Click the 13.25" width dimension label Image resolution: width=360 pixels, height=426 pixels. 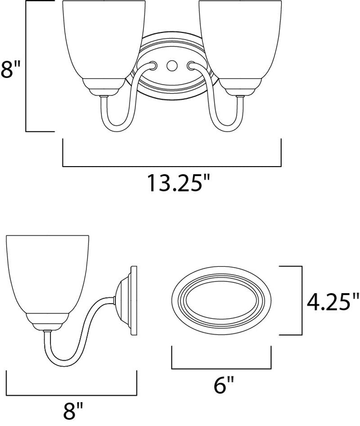179,183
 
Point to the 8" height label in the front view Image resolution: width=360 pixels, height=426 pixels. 11,69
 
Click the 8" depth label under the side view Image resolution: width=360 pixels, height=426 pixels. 72,416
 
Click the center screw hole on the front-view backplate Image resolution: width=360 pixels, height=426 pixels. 172,65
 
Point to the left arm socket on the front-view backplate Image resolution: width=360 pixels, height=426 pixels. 152,65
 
